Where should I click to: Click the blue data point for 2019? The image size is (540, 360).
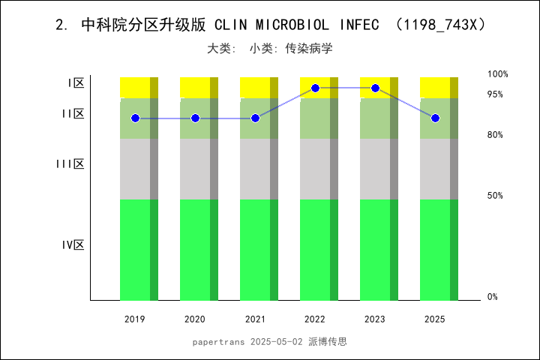pyautogui.click(x=135, y=118)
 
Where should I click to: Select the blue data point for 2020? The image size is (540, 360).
pyautogui.click(x=195, y=118)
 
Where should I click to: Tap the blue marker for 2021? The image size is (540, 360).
pyautogui.click(x=255, y=118)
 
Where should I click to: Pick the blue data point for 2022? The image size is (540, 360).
pyautogui.click(x=315, y=88)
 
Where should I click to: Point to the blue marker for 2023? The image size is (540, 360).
pyautogui.click(x=375, y=88)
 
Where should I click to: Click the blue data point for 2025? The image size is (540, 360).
pyautogui.click(x=435, y=118)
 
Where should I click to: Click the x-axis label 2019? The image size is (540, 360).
pyautogui.click(x=135, y=319)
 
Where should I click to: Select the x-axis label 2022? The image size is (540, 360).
pyautogui.click(x=315, y=319)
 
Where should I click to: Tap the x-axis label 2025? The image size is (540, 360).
pyautogui.click(x=435, y=319)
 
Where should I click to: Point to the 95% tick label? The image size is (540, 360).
pyautogui.click(x=495, y=94)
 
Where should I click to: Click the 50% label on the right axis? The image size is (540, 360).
pyautogui.click(x=495, y=196)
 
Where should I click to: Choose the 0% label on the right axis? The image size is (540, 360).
pyautogui.click(x=493, y=297)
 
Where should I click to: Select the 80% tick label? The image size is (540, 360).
pyautogui.click(x=495, y=135)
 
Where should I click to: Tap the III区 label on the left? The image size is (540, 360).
pyautogui.click(x=70, y=163)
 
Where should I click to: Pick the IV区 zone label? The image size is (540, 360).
pyautogui.click(x=73, y=244)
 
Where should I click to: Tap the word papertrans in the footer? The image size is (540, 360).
pyautogui.click(x=218, y=341)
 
